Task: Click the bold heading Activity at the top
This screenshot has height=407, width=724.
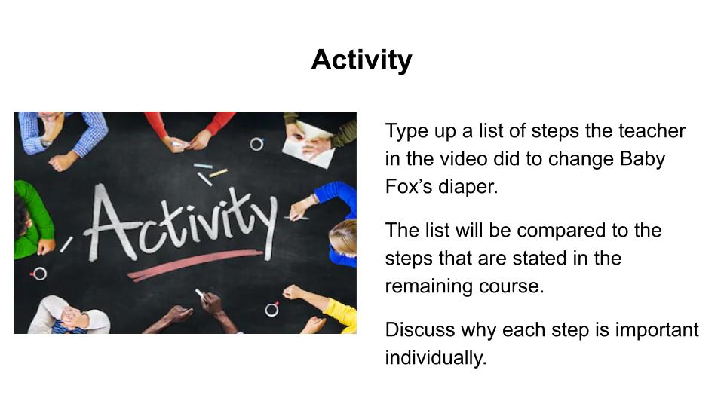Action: (x=361, y=60)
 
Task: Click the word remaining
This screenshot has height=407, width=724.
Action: (x=429, y=286)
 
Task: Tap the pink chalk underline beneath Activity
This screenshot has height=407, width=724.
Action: (x=195, y=265)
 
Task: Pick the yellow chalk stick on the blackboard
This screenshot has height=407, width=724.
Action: (x=219, y=173)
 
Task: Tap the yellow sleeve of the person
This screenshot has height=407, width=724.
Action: (x=342, y=314)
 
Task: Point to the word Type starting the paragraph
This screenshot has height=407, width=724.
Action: (x=406, y=132)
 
